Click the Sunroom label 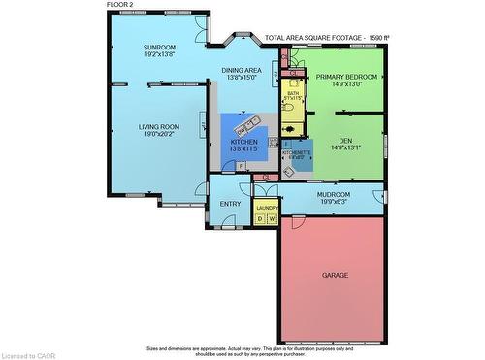[159, 48]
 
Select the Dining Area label [242, 71]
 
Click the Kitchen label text [243, 142]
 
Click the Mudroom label [333, 194]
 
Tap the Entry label [230, 204]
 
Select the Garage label [335, 275]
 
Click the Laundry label [267, 208]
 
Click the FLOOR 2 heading [120, 5]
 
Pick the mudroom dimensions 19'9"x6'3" [333, 202]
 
